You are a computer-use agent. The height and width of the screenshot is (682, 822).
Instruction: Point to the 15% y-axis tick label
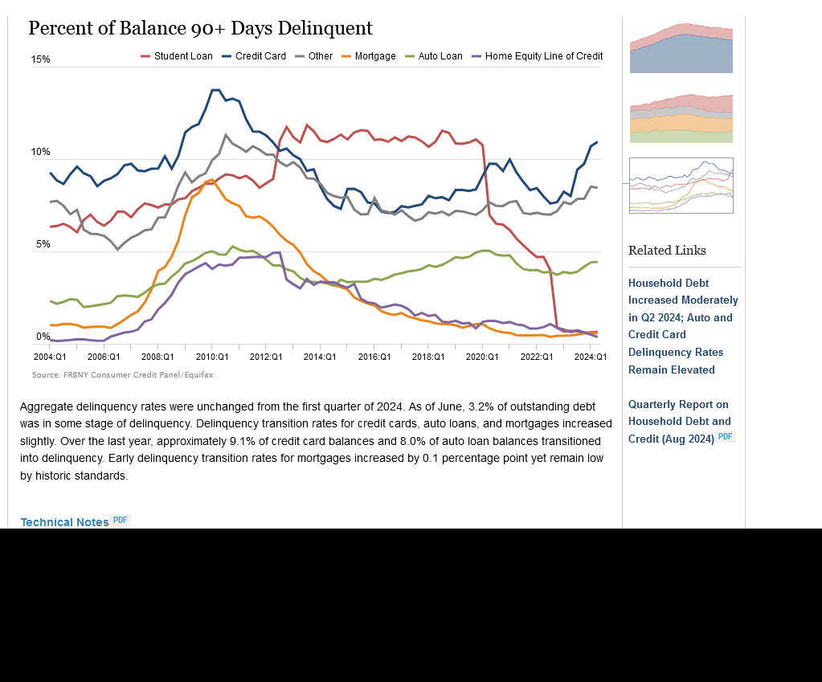pyautogui.click(x=40, y=60)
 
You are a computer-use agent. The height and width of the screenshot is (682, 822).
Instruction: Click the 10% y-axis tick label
pyautogui.click(x=40, y=153)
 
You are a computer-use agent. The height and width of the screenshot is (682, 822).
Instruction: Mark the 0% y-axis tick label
pyautogui.click(x=43, y=337)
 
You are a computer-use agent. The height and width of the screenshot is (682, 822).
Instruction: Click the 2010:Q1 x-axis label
pyautogui.click(x=212, y=357)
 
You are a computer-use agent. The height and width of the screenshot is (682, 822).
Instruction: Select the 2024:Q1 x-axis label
pyautogui.click(x=591, y=357)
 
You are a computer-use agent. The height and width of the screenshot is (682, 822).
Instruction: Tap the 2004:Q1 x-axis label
pyautogui.click(x=49, y=357)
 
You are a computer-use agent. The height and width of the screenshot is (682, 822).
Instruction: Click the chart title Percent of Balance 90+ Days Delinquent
pyautogui.click(x=200, y=29)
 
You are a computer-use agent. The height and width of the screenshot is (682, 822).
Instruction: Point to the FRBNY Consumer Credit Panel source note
pyautogui.click(x=122, y=375)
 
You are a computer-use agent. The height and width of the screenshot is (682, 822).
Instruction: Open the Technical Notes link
pyautogui.click(x=64, y=522)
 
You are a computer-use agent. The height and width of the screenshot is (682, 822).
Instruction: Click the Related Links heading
pyautogui.click(x=667, y=251)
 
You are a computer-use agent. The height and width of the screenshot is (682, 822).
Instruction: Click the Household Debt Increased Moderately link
pyautogui.click(x=683, y=326)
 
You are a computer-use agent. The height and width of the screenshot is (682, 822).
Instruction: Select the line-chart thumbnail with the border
pyautogui.click(x=681, y=186)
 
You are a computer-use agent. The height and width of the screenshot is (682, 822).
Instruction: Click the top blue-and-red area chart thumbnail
pyautogui.click(x=681, y=49)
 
